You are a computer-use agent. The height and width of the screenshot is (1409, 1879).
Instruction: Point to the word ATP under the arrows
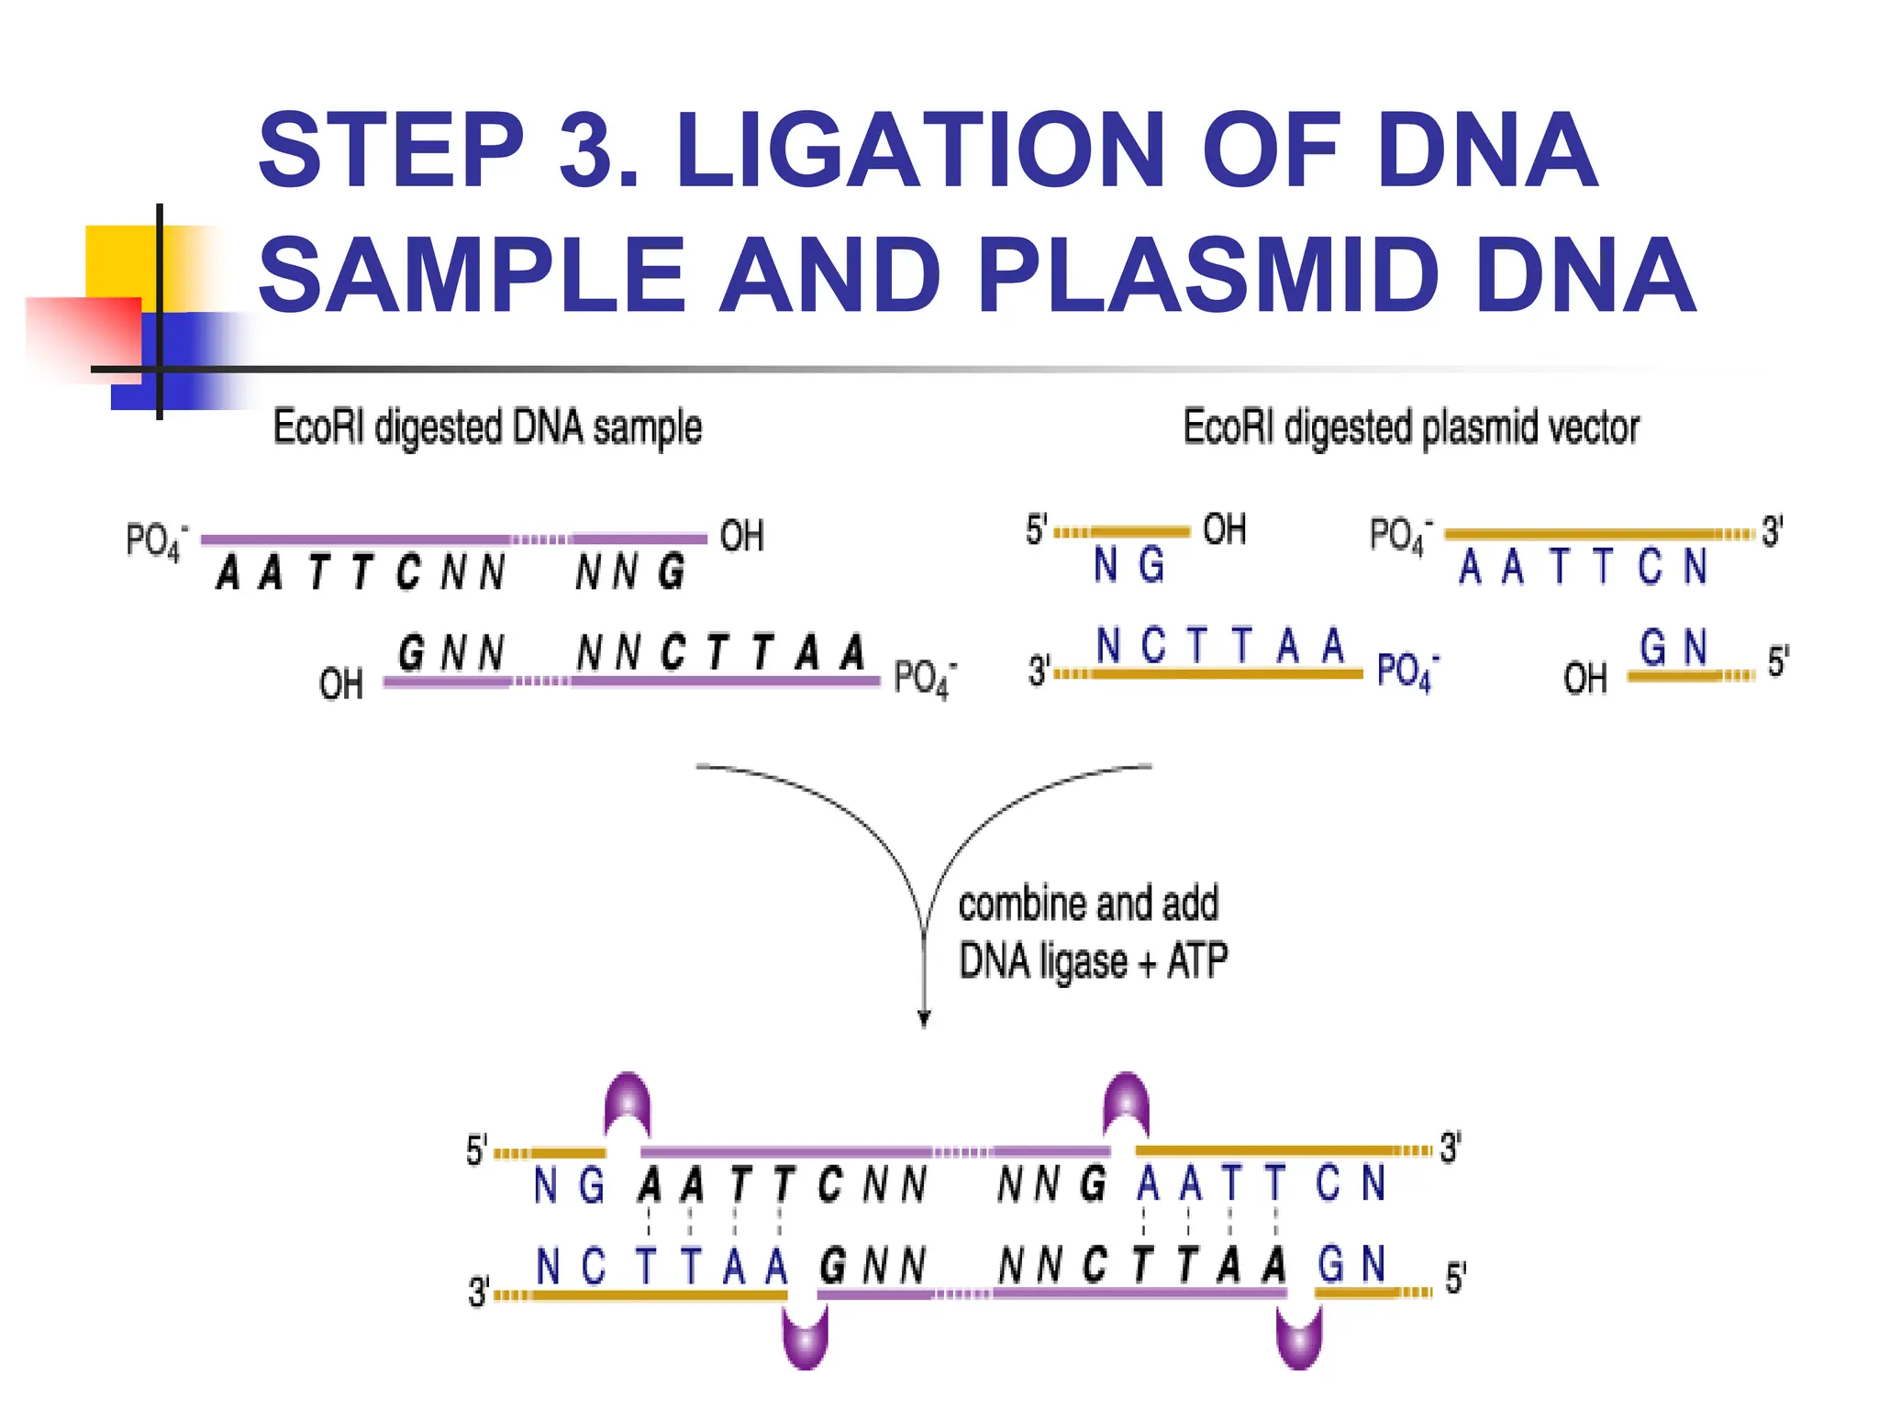click(x=1197, y=961)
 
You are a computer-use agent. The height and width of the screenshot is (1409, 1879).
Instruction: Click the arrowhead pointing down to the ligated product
click(x=924, y=1018)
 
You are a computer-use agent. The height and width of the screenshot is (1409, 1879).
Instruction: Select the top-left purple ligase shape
click(x=628, y=1103)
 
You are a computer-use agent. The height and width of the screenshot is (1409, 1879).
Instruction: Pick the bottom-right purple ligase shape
click(x=1299, y=1337)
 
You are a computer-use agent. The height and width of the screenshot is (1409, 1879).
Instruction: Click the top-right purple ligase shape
click(x=1127, y=1103)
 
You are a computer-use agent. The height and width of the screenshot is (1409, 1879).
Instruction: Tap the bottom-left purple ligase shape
click(x=805, y=1337)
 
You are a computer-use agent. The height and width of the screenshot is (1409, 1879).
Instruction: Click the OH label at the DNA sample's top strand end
click(x=741, y=537)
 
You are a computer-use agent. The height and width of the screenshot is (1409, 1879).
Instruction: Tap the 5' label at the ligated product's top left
click(x=476, y=1150)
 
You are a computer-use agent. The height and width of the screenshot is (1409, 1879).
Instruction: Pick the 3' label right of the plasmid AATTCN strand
click(x=1773, y=532)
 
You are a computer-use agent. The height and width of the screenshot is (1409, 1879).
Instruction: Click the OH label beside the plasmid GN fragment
click(x=1585, y=679)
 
